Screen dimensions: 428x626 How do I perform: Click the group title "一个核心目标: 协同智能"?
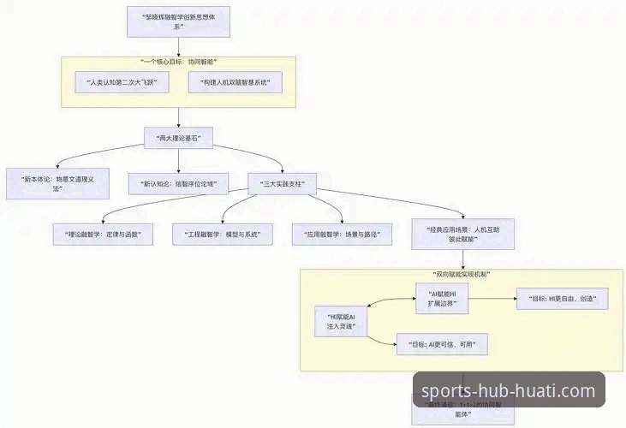tap(177, 62)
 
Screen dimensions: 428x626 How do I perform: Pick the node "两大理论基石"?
tap(177, 137)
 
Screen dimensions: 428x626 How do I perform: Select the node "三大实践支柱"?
tap(282, 182)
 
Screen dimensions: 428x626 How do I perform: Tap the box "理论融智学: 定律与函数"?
tap(103, 233)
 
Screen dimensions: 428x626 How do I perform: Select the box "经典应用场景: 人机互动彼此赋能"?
tap(462, 234)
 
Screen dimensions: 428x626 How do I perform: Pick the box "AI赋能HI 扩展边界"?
tap(440, 299)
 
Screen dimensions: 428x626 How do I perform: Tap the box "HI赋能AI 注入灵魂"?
tap(341, 320)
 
